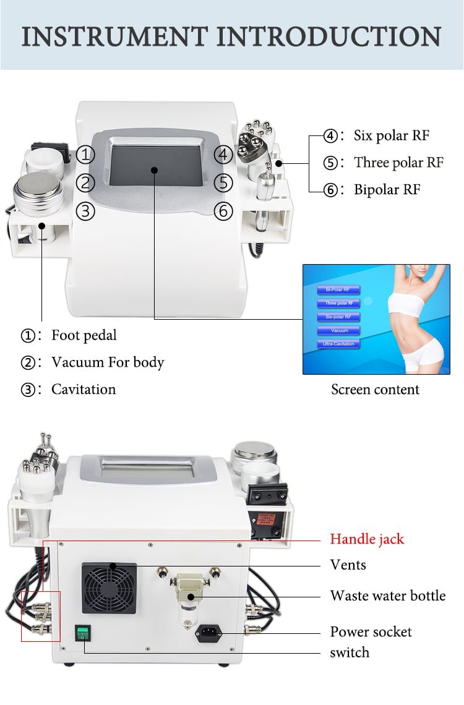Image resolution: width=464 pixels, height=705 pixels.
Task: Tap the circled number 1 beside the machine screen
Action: [x=86, y=155]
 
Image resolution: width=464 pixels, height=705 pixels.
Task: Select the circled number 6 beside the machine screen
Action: [x=223, y=211]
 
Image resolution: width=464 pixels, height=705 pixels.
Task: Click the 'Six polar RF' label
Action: [x=391, y=135]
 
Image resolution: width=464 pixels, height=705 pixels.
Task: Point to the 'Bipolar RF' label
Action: [x=387, y=189]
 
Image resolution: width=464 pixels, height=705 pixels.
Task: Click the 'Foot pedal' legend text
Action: [x=84, y=335]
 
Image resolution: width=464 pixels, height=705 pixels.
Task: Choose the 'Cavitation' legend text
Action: [x=84, y=389]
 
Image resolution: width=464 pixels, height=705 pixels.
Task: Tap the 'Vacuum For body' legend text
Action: [x=108, y=362]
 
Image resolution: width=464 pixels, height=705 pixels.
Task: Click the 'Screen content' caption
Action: [x=375, y=390]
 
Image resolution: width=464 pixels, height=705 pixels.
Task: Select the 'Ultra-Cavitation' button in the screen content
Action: [x=338, y=344]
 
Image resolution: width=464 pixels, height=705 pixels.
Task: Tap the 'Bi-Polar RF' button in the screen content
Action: [x=338, y=289]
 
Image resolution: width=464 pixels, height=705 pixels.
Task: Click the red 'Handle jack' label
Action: [x=367, y=539]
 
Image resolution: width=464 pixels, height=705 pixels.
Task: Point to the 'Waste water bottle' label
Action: [x=387, y=596]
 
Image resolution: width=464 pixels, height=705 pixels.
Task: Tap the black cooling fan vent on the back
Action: [x=110, y=588]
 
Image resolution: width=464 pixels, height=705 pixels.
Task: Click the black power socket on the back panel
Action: [x=208, y=633]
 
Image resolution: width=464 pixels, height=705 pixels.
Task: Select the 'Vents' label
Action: [x=348, y=565]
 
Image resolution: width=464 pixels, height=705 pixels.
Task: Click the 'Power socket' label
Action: [x=371, y=631]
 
